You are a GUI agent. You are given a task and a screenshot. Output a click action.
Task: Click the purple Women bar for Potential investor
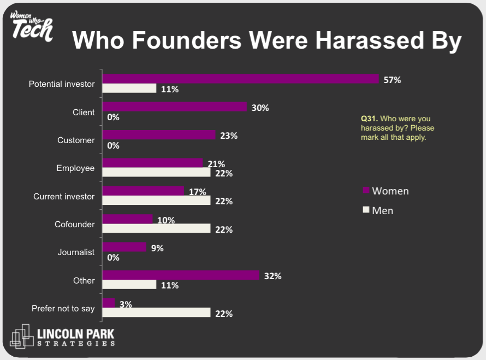tap(240, 79)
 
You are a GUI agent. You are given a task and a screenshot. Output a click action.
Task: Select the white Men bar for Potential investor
tap(129, 88)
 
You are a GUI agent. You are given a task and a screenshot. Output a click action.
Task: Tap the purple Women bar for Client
tap(175, 107)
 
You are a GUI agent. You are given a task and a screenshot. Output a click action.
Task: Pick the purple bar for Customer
tap(159, 135)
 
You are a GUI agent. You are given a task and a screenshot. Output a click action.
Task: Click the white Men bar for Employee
tap(157, 173)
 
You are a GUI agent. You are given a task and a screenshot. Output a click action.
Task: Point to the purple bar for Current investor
tap(144, 191)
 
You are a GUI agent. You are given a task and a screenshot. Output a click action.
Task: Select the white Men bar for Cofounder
tap(157, 229)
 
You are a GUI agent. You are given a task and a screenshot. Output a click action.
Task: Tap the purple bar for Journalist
tap(125, 247)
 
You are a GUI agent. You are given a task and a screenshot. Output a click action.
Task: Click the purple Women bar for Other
tap(181, 275)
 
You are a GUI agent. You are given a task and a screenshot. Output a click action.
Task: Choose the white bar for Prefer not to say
tap(157, 313)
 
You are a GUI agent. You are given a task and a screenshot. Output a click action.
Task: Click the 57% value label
tap(392, 80)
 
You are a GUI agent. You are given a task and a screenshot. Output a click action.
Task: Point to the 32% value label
tap(272, 276)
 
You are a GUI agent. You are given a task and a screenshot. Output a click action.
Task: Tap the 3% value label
tap(126, 304)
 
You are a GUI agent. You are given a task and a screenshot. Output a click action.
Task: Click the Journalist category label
tap(76, 252)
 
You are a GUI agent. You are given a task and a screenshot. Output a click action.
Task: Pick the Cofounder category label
tap(74, 224)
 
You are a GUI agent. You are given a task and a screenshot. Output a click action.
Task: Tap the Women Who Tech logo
tap(32, 25)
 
